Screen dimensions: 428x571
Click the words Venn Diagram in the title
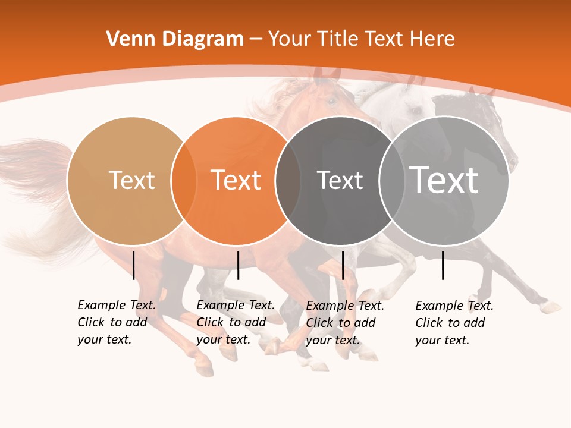tap(175, 39)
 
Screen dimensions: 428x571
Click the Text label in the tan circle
tap(131, 180)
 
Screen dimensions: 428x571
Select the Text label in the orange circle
tap(236, 180)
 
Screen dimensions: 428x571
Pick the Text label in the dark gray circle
tap(340, 180)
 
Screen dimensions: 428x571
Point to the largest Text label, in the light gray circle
tap(444, 180)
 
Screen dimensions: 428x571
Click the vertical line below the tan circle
tap(134, 265)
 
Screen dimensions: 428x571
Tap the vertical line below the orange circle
tap(238, 265)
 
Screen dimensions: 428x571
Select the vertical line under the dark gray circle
tap(343, 265)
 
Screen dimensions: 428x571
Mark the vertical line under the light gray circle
tap(443, 265)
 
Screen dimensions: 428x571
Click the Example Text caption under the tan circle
tap(117, 322)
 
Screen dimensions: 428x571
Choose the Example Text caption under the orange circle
tap(236, 322)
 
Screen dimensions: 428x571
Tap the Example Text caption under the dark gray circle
tap(345, 323)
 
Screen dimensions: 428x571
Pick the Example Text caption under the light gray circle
tap(454, 323)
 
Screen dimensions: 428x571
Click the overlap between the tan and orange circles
tap(184, 181)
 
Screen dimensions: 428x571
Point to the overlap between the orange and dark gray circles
tap(288, 181)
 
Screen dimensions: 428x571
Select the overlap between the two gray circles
tap(392, 181)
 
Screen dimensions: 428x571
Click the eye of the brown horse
tap(331, 101)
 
